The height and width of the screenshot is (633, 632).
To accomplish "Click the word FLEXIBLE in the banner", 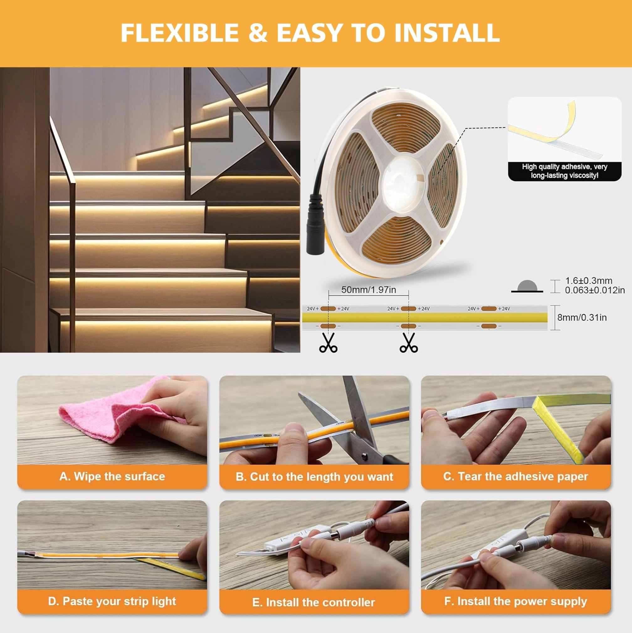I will [x=180, y=33].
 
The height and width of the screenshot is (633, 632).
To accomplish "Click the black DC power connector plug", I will [x=315, y=226].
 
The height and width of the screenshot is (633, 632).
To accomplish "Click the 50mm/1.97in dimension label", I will [x=368, y=290].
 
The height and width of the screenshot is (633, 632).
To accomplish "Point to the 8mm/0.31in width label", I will [x=582, y=318].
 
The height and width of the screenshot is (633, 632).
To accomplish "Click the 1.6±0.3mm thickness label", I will [x=588, y=281].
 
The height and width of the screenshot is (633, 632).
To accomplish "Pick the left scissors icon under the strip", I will [x=328, y=343].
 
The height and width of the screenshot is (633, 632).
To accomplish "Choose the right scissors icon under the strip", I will [x=408, y=343].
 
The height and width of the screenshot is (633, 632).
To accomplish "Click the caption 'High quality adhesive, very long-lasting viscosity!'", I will [x=564, y=171].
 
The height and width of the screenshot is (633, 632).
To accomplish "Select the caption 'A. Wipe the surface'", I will [x=112, y=476].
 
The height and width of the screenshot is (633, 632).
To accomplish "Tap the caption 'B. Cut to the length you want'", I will [x=314, y=477].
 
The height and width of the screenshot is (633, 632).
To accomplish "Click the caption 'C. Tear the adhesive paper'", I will [x=516, y=476].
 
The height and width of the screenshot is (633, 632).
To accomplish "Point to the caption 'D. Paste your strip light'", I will [x=112, y=601].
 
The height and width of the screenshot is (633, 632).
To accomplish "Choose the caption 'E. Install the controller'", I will [x=313, y=602].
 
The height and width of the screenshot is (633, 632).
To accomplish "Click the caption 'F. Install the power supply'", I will [x=516, y=601].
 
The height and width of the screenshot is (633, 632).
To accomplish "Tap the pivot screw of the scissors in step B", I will [x=364, y=455].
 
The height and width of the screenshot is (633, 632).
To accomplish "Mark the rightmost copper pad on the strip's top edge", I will [x=489, y=309].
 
